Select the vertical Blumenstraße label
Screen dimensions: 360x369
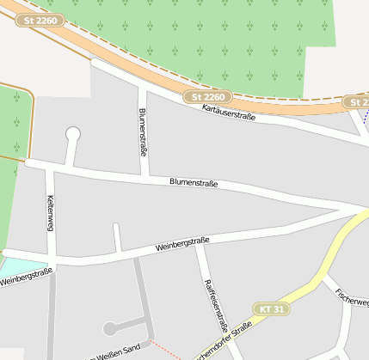(143, 131)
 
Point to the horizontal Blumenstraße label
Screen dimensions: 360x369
(194, 183)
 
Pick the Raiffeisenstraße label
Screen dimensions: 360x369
(214, 305)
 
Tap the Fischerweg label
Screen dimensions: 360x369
(353, 297)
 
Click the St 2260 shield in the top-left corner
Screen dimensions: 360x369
(41, 20)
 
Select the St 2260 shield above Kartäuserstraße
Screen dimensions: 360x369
(208, 98)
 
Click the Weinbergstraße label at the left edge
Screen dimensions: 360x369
(26, 277)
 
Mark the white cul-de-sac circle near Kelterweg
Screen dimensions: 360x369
(73, 133)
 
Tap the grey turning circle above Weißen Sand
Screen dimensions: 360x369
(109, 328)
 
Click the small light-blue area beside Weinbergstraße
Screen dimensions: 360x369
(26, 257)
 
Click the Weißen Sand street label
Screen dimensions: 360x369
(116, 352)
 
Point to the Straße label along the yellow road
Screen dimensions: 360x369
(225, 339)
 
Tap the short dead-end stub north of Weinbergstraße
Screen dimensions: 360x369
(117, 236)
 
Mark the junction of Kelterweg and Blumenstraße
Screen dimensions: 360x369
(49, 164)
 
